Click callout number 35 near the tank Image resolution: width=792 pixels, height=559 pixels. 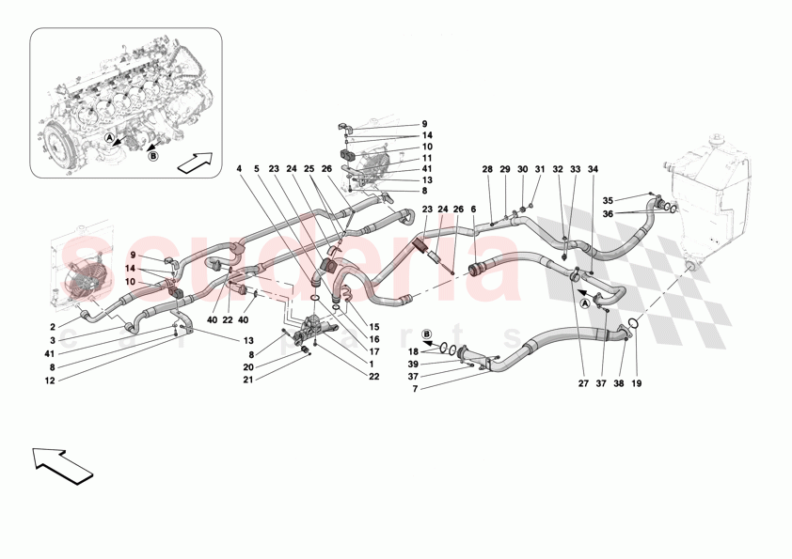[x=608, y=200]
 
